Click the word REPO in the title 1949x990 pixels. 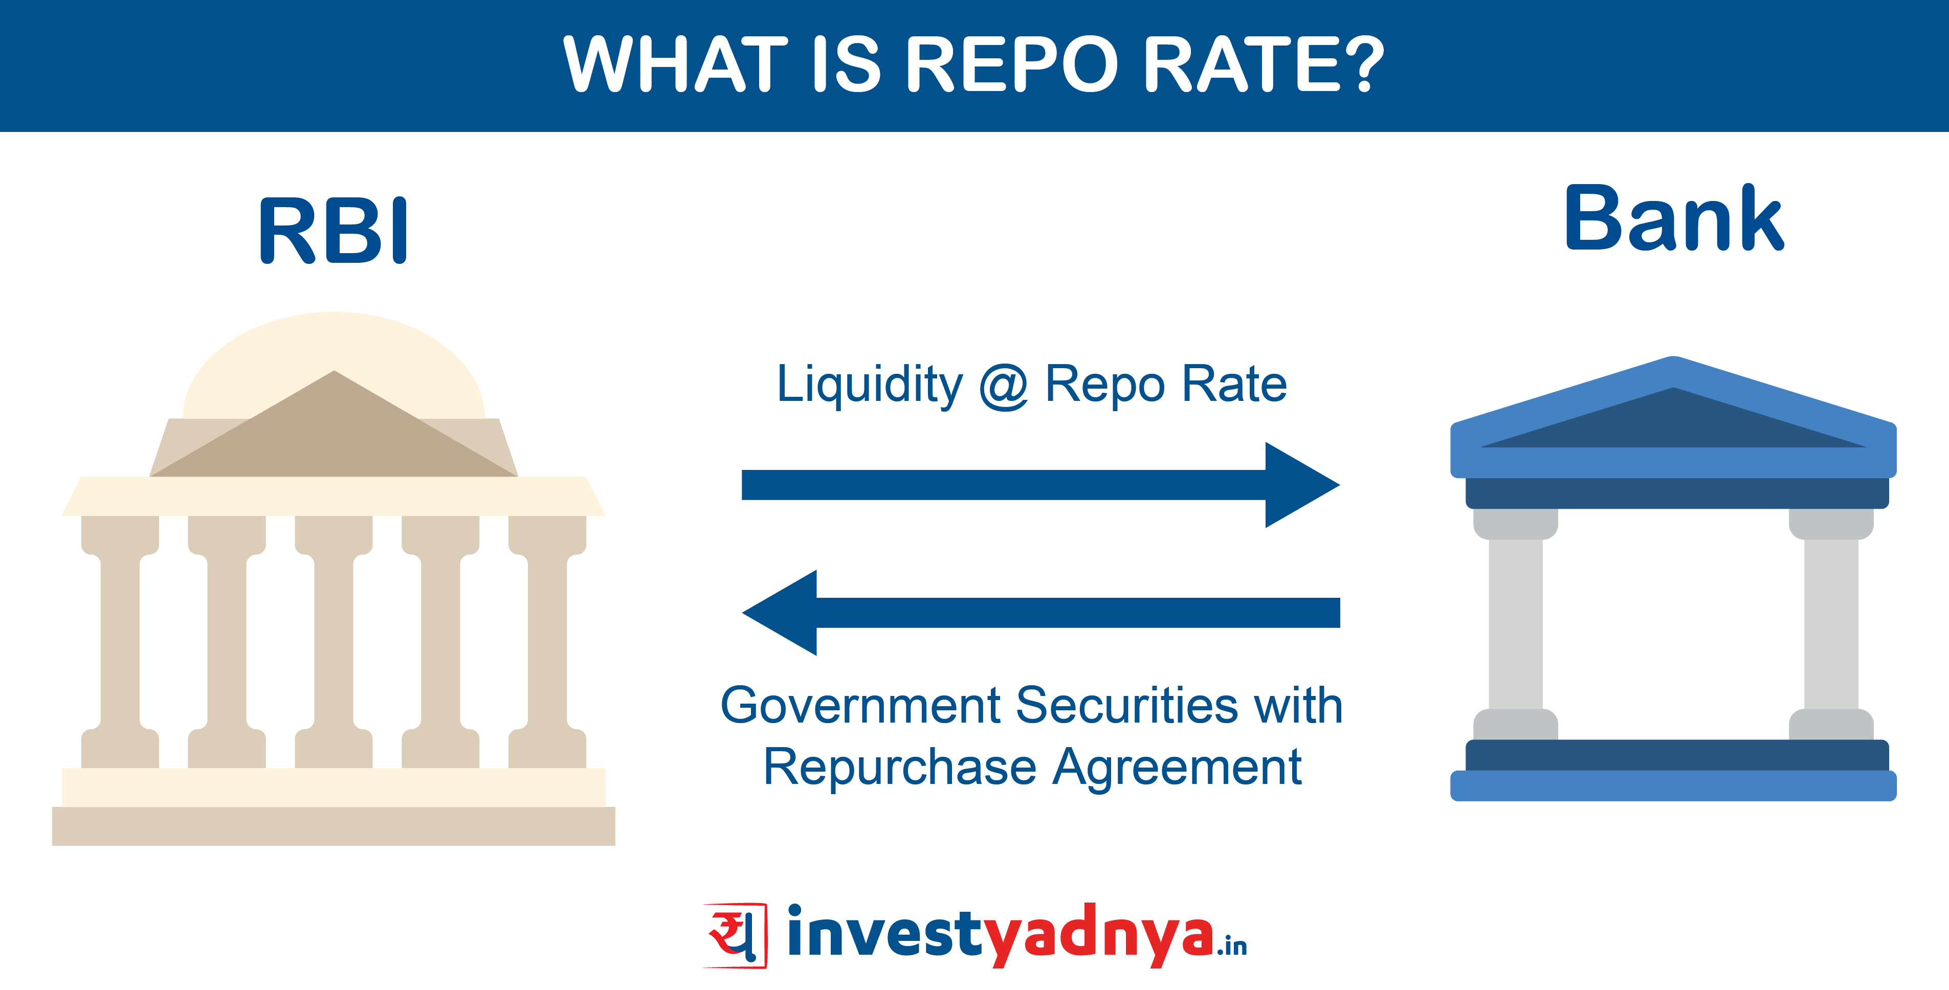coord(1011,64)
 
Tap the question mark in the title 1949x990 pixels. coord(1359,64)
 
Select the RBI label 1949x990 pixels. coord(334,230)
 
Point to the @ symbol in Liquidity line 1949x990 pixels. coord(1004,387)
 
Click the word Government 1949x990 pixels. coord(861,705)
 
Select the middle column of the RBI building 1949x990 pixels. coord(334,641)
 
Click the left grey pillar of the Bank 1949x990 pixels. coord(1516,624)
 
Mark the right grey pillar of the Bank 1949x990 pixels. coord(1831,624)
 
